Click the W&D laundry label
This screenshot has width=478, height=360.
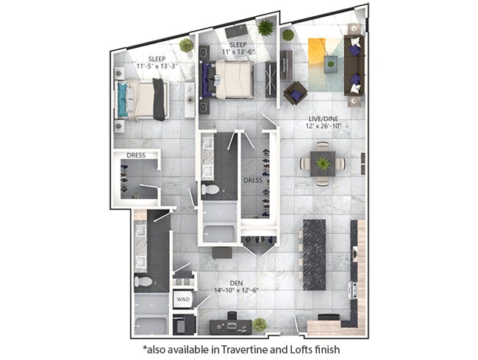(x=183, y=300)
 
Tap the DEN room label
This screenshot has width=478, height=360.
(x=236, y=284)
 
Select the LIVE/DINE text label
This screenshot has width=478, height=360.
(x=323, y=119)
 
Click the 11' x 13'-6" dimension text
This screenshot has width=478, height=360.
(x=238, y=51)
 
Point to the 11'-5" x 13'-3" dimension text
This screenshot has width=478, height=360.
(x=157, y=65)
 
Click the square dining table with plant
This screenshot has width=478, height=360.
(x=323, y=164)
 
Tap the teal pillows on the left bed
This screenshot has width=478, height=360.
(x=123, y=100)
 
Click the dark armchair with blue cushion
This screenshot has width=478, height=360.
(x=295, y=93)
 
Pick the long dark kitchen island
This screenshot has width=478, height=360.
(x=314, y=255)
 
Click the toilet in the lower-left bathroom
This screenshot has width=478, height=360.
(x=143, y=281)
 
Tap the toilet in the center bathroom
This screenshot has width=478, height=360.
(x=210, y=190)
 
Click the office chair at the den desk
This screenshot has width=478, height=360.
(x=232, y=315)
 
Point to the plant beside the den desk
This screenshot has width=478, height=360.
(x=260, y=325)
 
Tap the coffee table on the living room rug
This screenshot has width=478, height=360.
(x=331, y=64)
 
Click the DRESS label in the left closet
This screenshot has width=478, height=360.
(x=136, y=155)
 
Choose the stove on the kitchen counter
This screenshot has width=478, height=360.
(x=353, y=290)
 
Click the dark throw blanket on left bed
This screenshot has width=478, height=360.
(x=159, y=99)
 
